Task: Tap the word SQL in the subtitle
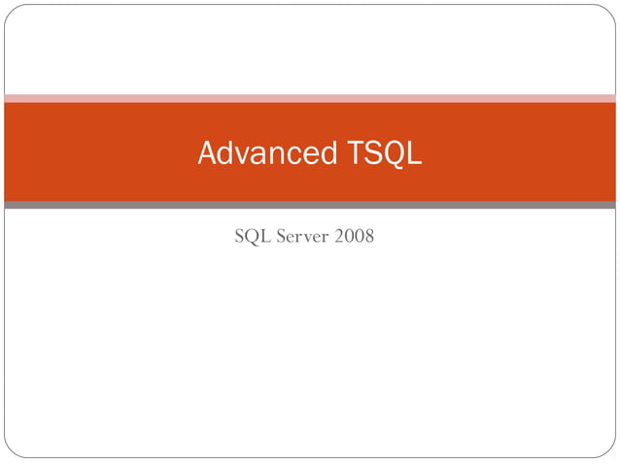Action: point(252,236)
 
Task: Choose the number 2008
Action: point(354,236)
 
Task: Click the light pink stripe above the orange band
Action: point(310,98)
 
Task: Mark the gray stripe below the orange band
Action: point(310,205)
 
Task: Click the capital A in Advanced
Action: point(207,153)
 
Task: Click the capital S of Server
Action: point(282,236)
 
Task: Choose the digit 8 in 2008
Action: point(368,236)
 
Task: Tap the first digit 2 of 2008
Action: point(339,236)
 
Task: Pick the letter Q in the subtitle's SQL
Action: point(252,236)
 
